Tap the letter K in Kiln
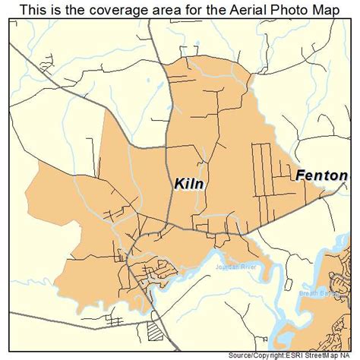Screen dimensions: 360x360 179,184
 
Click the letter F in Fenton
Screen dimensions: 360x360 299,175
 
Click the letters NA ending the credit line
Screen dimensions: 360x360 352,355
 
